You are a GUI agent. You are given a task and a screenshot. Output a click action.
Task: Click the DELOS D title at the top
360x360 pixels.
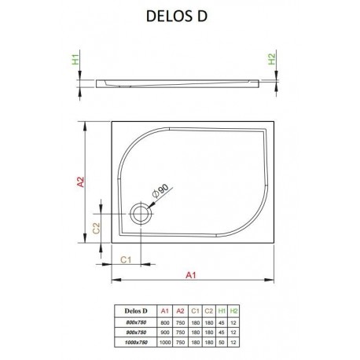177,16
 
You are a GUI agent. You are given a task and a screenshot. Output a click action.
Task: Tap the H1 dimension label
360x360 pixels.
75,59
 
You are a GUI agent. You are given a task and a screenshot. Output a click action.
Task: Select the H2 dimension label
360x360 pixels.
272,59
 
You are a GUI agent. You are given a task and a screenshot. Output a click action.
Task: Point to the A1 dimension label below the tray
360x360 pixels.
191,275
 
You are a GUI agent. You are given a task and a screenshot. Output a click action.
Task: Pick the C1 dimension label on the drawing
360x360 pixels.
126,259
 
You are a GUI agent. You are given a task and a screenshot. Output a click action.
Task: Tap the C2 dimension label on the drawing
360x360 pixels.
96,228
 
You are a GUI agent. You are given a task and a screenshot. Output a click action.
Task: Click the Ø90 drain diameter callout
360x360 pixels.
160,190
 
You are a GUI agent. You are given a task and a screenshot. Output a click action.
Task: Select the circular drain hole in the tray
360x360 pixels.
141,214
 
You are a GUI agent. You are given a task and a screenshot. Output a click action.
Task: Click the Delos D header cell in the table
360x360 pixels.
136,311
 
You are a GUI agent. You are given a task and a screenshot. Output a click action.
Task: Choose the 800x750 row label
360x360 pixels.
136,322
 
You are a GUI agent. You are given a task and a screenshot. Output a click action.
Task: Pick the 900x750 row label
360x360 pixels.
136,332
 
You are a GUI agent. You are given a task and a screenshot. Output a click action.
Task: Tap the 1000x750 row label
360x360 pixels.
136,342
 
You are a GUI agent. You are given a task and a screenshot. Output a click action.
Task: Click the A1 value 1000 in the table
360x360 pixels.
165,342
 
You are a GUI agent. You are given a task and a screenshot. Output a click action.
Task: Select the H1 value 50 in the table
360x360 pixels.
222,342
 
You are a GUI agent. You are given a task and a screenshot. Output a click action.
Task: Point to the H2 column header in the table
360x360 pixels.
233,311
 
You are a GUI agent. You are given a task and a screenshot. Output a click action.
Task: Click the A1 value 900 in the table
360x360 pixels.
165,332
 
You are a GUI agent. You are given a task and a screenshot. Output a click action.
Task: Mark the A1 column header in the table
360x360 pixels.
165,311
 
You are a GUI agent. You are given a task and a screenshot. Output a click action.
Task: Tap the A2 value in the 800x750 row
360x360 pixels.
181,322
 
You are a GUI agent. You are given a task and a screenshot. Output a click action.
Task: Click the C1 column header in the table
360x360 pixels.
195,311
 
